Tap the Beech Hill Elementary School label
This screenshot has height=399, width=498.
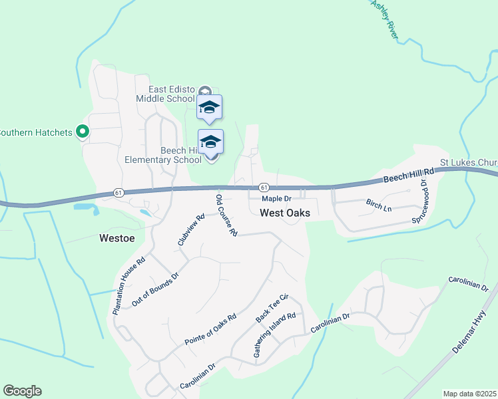pyautogui.click(x=163, y=155)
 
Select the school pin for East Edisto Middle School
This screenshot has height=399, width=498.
pyautogui.click(x=209, y=108)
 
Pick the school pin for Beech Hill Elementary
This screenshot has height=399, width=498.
pyautogui.click(x=211, y=142)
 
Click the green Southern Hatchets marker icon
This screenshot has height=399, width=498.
pyautogui.click(x=83, y=132)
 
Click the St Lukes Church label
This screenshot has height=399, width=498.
pyautogui.click(x=469, y=162)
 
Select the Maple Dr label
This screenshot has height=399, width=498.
pyautogui.click(x=276, y=199)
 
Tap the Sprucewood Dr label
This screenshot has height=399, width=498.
pyautogui.click(x=419, y=200)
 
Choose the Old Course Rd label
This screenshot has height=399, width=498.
pyautogui.click(x=226, y=215)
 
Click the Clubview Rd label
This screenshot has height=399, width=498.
pyautogui.click(x=191, y=229)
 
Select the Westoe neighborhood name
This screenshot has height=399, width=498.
pyautogui.click(x=117, y=237)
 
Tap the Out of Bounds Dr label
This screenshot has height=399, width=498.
pyautogui.click(x=156, y=289)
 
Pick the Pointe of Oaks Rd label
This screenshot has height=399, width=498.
pyautogui.click(x=210, y=330)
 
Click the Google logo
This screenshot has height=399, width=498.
pyautogui.click(x=22, y=391)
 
